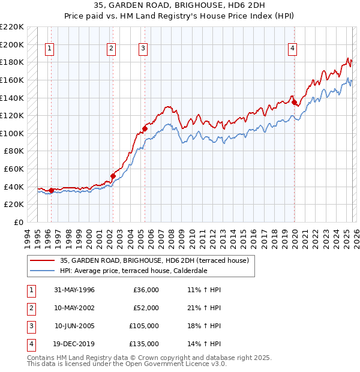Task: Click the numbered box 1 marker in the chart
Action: [49, 49]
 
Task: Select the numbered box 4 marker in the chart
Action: [292, 49]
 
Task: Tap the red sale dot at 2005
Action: [145, 128]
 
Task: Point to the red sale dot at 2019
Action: [295, 102]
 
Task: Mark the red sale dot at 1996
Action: [51, 190]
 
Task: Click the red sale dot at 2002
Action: [113, 176]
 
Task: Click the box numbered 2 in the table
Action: [30, 308]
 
